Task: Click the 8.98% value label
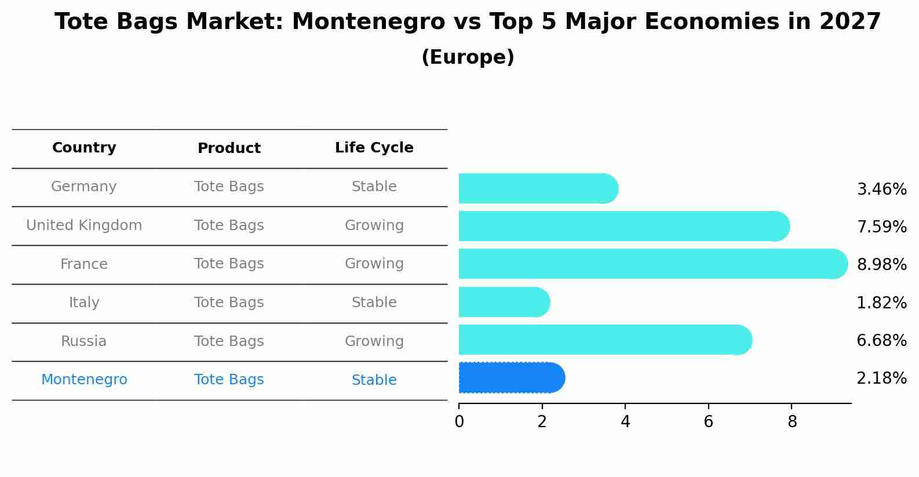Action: pos(881,264)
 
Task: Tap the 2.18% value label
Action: pos(881,378)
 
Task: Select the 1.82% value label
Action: pos(881,303)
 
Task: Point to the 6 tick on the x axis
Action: pos(708,421)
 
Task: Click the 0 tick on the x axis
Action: pos(459,421)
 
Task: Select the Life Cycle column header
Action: pos(374,148)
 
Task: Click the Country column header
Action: pos(84,148)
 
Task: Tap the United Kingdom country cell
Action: pos(84,225)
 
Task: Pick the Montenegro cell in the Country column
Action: pos(84,380)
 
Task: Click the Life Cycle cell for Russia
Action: pos(374,341)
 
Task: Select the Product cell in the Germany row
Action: pos(229,187)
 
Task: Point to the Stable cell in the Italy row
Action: pos(374,303)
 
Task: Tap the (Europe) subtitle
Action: pos(468,57)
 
